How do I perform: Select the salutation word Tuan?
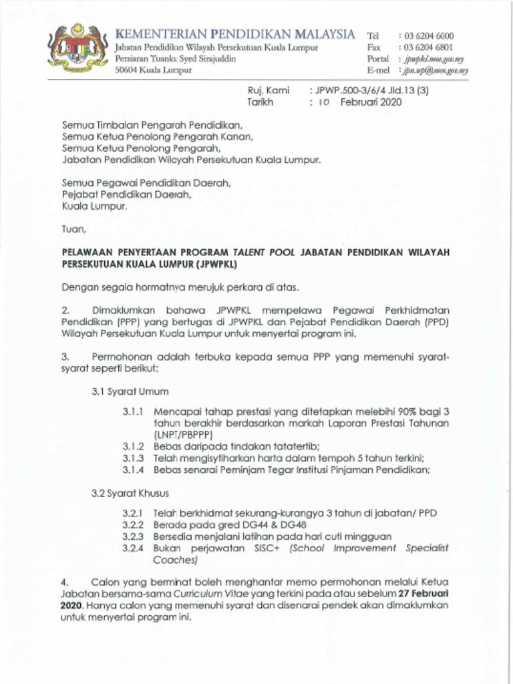(73, 229)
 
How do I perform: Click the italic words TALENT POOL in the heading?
(265, 252)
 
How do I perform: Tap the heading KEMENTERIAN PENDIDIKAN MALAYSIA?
(235, 33)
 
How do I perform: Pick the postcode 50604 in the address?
(126, 69)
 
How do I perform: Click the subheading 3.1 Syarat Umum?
(130, 391)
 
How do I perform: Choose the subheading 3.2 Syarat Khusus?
(131, 494)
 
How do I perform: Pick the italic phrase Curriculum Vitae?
(192, 593)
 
